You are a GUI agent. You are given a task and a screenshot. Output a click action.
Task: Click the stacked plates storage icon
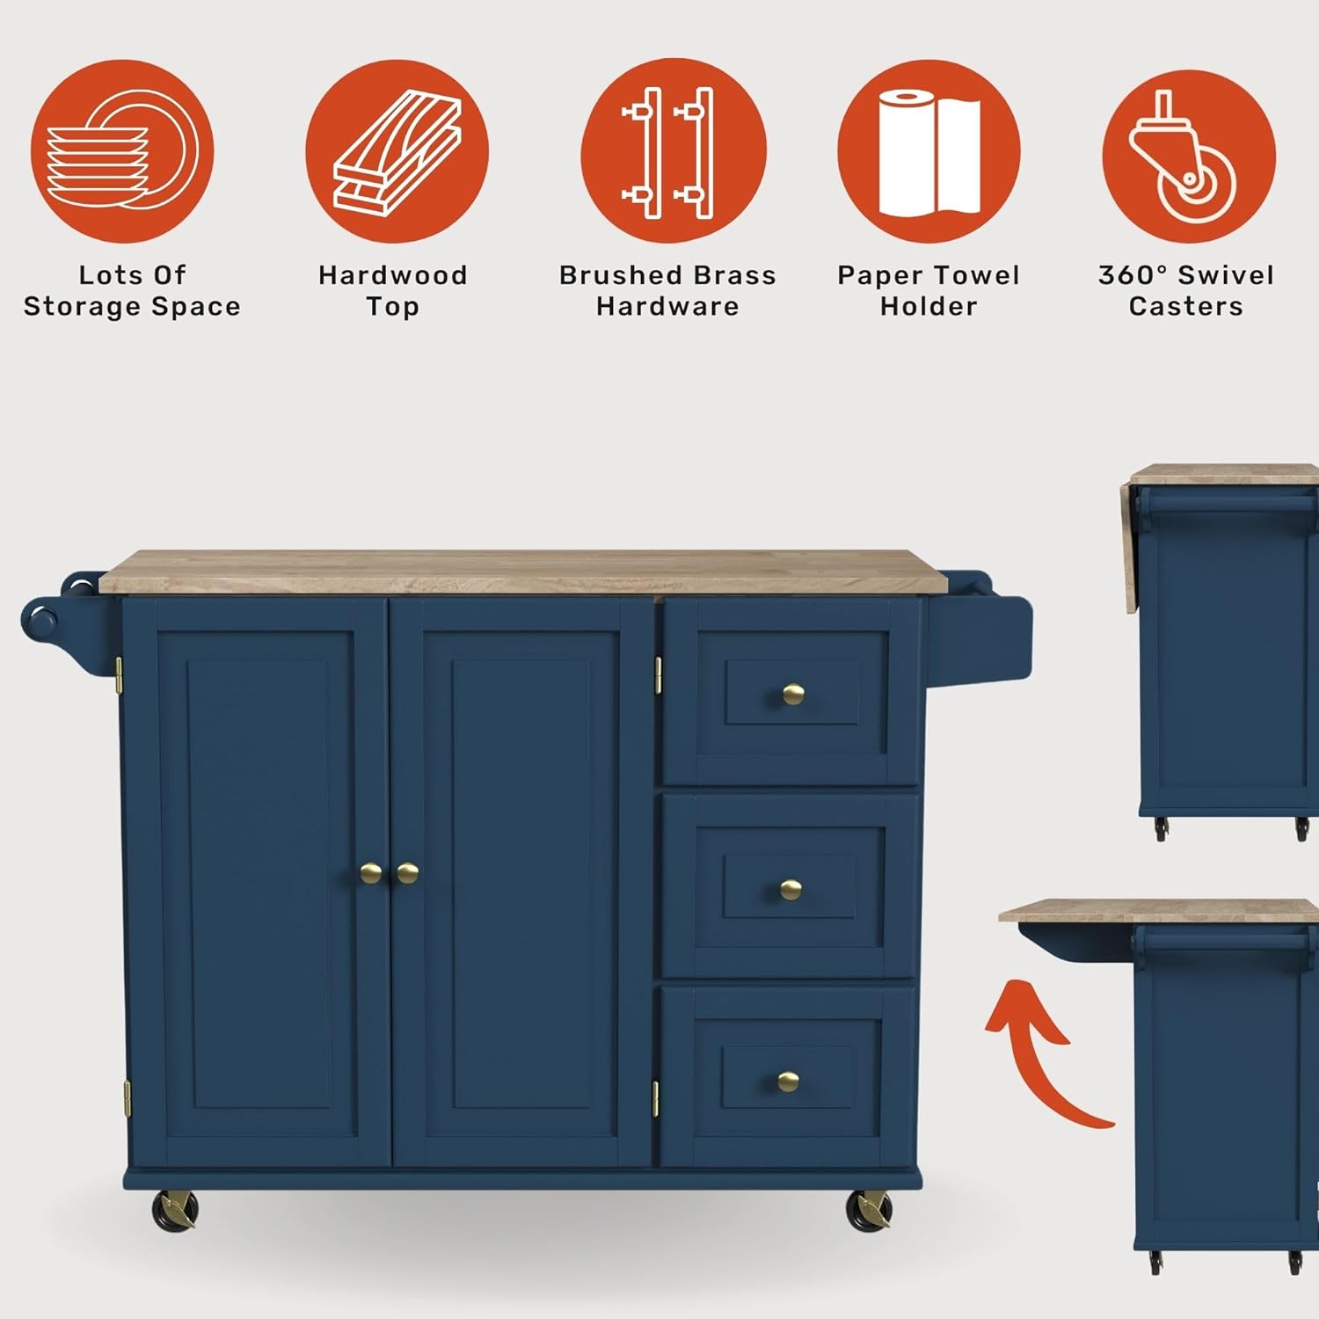pyautogui.click(x=121, y=151)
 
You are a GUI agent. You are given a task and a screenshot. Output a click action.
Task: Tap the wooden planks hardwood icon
pyautogui.click(x=397, y=151)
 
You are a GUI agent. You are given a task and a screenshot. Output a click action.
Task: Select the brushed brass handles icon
pyautogui.click(x=673, y=151)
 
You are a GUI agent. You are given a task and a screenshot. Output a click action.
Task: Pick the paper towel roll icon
pyautogui.click(x=929, y=151)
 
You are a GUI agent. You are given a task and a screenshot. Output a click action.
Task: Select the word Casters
pyautogui.click(x=1185, y=307)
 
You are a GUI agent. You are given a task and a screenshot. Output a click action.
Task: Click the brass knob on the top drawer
pyautogui.click(x=793, y=695)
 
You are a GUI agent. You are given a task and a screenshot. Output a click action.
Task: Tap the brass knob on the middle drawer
pyautogui.click(x=791, y=890)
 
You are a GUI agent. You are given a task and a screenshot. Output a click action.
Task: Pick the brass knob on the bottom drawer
pyautogui.click(x=788, y=1082)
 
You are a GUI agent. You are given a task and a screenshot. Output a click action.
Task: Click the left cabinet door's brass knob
pyautogui.click(x=371, y=873)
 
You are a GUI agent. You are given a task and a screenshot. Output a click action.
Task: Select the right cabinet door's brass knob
pyautogui.click(x=407, y=873)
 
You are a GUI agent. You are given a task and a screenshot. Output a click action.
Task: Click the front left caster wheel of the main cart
pyautogui.click(x=175, y=1211)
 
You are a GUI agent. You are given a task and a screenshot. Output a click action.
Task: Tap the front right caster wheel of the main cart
pyautogui.click(x=869, y=1211)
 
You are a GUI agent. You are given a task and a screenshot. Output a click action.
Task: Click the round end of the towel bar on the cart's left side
pyautogui.click(x=39, y=620)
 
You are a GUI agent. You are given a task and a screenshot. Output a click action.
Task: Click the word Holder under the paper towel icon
pyautogui.click(x=929, y=307)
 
